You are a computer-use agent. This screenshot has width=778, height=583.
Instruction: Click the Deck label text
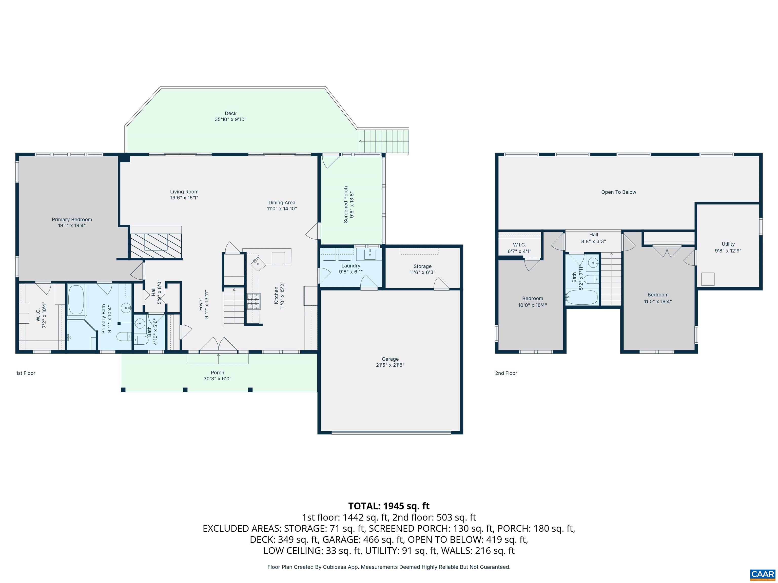click(x=230, y=113)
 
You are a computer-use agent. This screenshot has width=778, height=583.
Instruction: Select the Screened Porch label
click(x=346, y=204)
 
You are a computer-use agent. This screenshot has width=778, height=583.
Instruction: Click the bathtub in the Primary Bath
click(x=76, y=300)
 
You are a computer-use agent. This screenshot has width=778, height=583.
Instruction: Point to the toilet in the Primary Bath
click(x=123, y=337)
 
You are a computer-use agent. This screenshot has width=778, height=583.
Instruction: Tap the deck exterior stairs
click(x=384, y=141)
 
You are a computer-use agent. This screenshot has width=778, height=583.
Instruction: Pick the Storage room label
click(x=422, y=266)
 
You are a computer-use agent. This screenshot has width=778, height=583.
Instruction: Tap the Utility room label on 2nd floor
click(x=728, y=244)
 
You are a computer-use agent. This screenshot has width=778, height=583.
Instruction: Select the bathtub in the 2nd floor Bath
click(x=582, y=297)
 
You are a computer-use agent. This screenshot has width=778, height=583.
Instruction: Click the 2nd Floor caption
click(x=506, y=373)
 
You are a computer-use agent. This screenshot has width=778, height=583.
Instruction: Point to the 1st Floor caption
click(x=26, y=373)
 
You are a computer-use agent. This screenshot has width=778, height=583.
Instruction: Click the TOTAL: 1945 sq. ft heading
click(x=389, y=506)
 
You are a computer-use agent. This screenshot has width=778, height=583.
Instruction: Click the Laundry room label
click(x=351, y=266)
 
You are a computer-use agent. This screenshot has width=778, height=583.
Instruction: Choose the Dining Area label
click(x=282, y=202)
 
